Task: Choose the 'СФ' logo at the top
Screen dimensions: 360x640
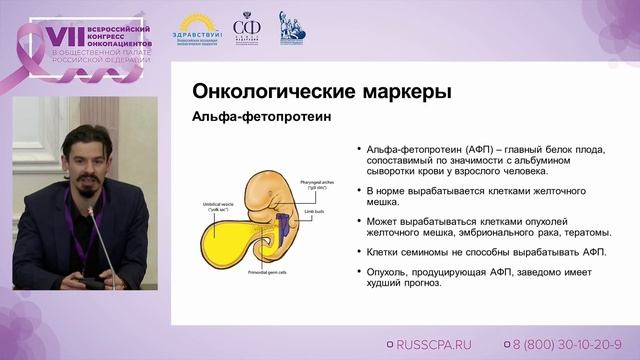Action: pyautogui.click(x=246, y=27)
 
